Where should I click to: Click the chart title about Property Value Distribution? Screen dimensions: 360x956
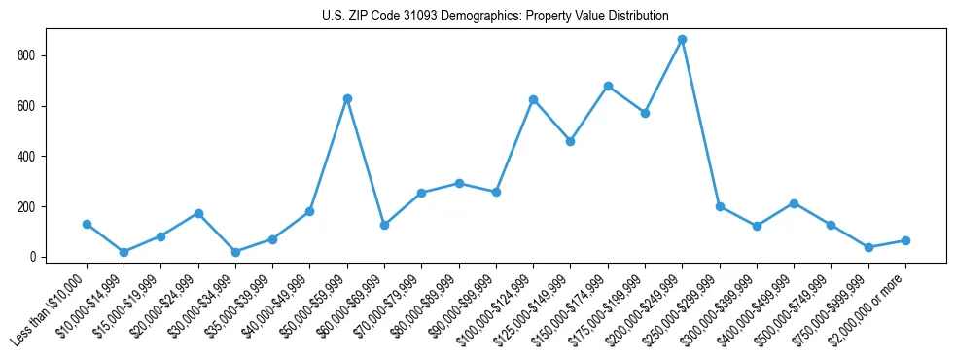pyautogui.click(x=495, y=17)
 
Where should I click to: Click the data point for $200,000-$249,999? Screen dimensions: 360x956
pyautogui.click(x=683, y=39)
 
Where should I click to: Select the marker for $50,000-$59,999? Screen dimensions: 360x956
pyautogui.click(x=347, y=98)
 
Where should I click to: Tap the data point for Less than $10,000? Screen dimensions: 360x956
pyautogui.click(x=87, y=224)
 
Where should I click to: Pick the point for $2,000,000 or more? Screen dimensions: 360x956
pyautogui.click(x=905, y=240)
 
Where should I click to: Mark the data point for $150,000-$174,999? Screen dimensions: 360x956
pyautogui.click(x=608, y=86)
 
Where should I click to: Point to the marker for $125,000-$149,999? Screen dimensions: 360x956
pyautogui.click(x=571, y=141)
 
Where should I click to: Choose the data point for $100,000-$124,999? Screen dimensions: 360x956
pyautogui.click(x=533, y=99)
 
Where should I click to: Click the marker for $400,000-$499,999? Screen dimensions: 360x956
pyautogui.click(x=794, y=203)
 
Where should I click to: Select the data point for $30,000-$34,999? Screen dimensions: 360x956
pyautogui.click(x=235, y=252)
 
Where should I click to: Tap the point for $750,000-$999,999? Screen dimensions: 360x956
pyautogui.click(x=868, y=247)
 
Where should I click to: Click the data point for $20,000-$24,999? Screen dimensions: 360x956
pyautogui.click(x=198, y=213)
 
